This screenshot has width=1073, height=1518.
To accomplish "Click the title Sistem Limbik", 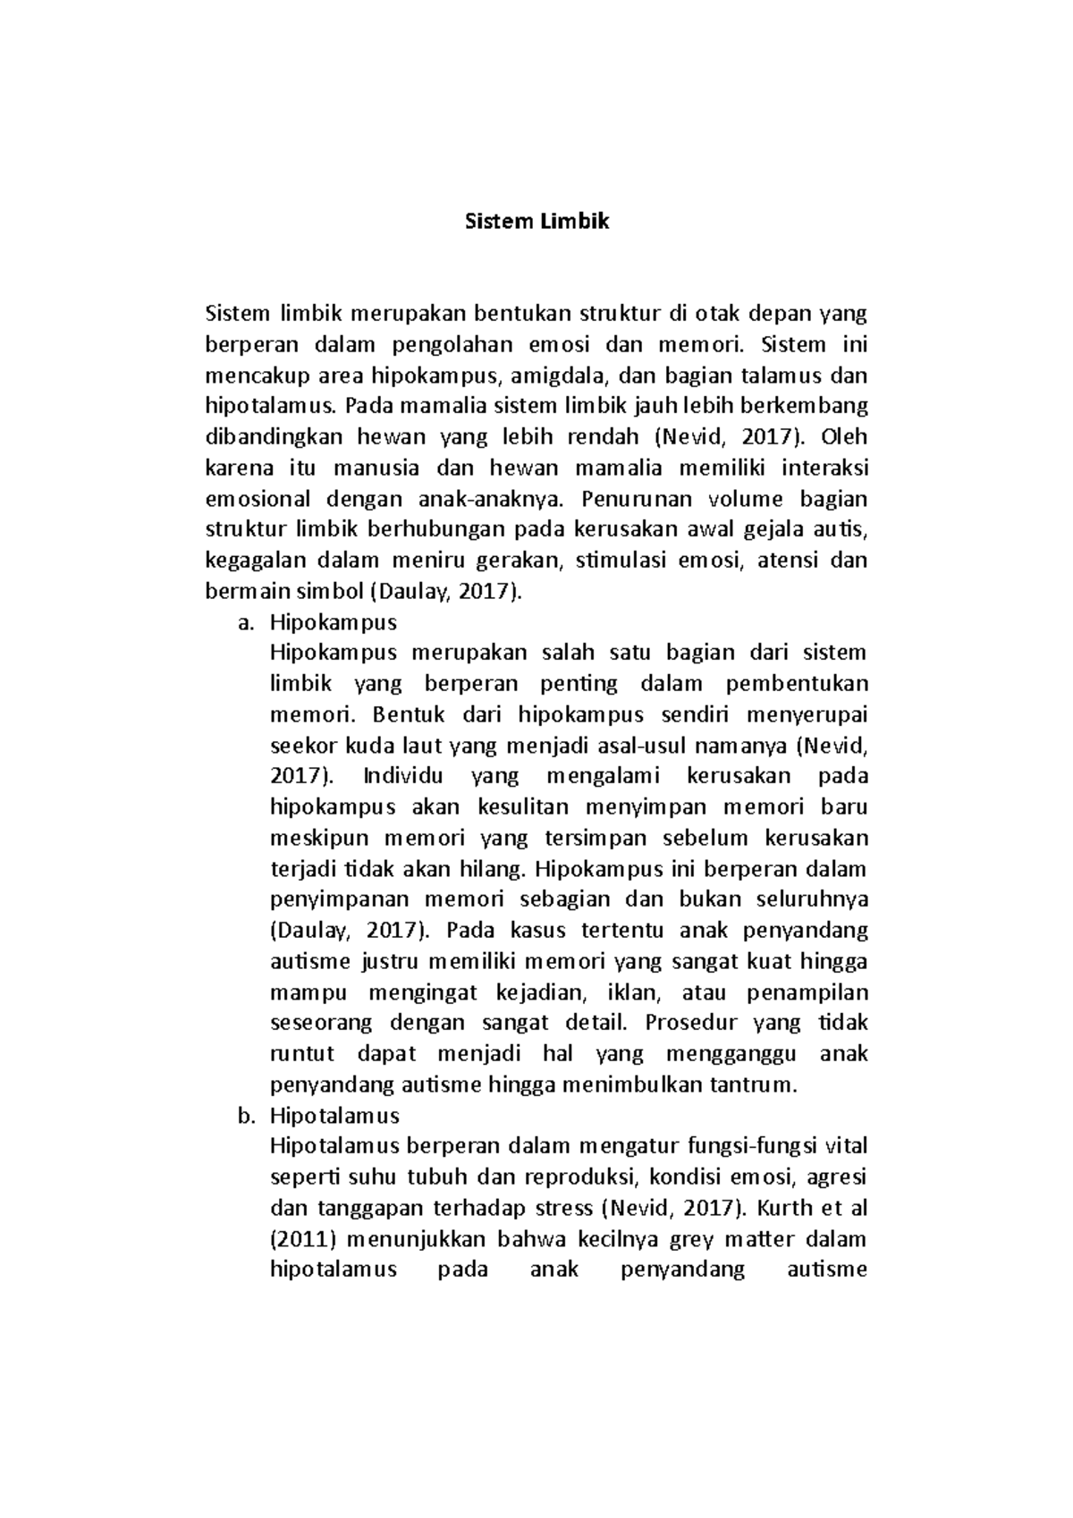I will pos(536,222).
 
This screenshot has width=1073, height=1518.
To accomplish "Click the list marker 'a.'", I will pos(246,623).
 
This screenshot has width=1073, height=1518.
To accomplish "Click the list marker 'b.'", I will pos(246,1117).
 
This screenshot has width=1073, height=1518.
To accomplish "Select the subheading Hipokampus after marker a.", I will pos(334,623).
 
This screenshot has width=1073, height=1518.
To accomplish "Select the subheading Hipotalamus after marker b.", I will pos(334,1117).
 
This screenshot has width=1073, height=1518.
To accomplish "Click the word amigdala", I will pos(560,375).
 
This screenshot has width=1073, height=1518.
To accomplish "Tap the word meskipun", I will pos(314,839).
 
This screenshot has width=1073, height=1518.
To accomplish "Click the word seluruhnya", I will pos(811,900).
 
